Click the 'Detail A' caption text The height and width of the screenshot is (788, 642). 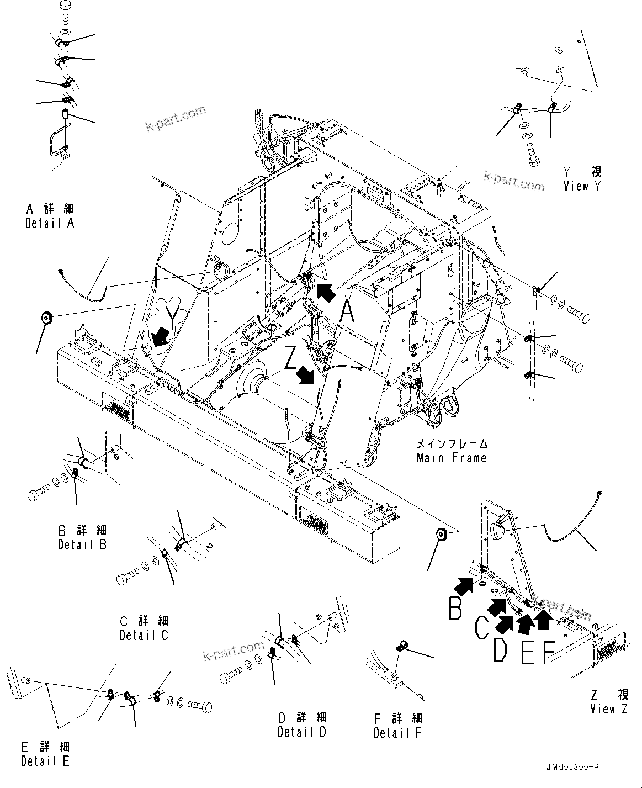click(50, 223)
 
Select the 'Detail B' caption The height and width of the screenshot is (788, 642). click(82, 544)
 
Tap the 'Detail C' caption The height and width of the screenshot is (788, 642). click(144, 635)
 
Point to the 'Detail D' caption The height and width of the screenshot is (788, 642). click(302, 732)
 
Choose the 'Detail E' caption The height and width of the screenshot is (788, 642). click(45, 761)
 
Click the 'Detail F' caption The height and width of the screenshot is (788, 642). click(397, 733)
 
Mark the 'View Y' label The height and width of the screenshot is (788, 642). click(582, 186)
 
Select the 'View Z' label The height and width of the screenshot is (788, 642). click(609, 709)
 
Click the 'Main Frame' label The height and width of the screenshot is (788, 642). click(452, 457)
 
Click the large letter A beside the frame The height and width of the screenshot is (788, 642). click(347, 313)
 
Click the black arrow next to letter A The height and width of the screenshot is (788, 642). click(326, 293)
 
